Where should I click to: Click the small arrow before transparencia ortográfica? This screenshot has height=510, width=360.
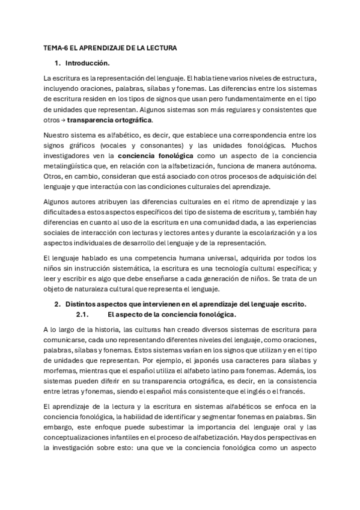(x=63, y=120)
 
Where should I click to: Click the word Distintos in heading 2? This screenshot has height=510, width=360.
(x=83, y=305)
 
